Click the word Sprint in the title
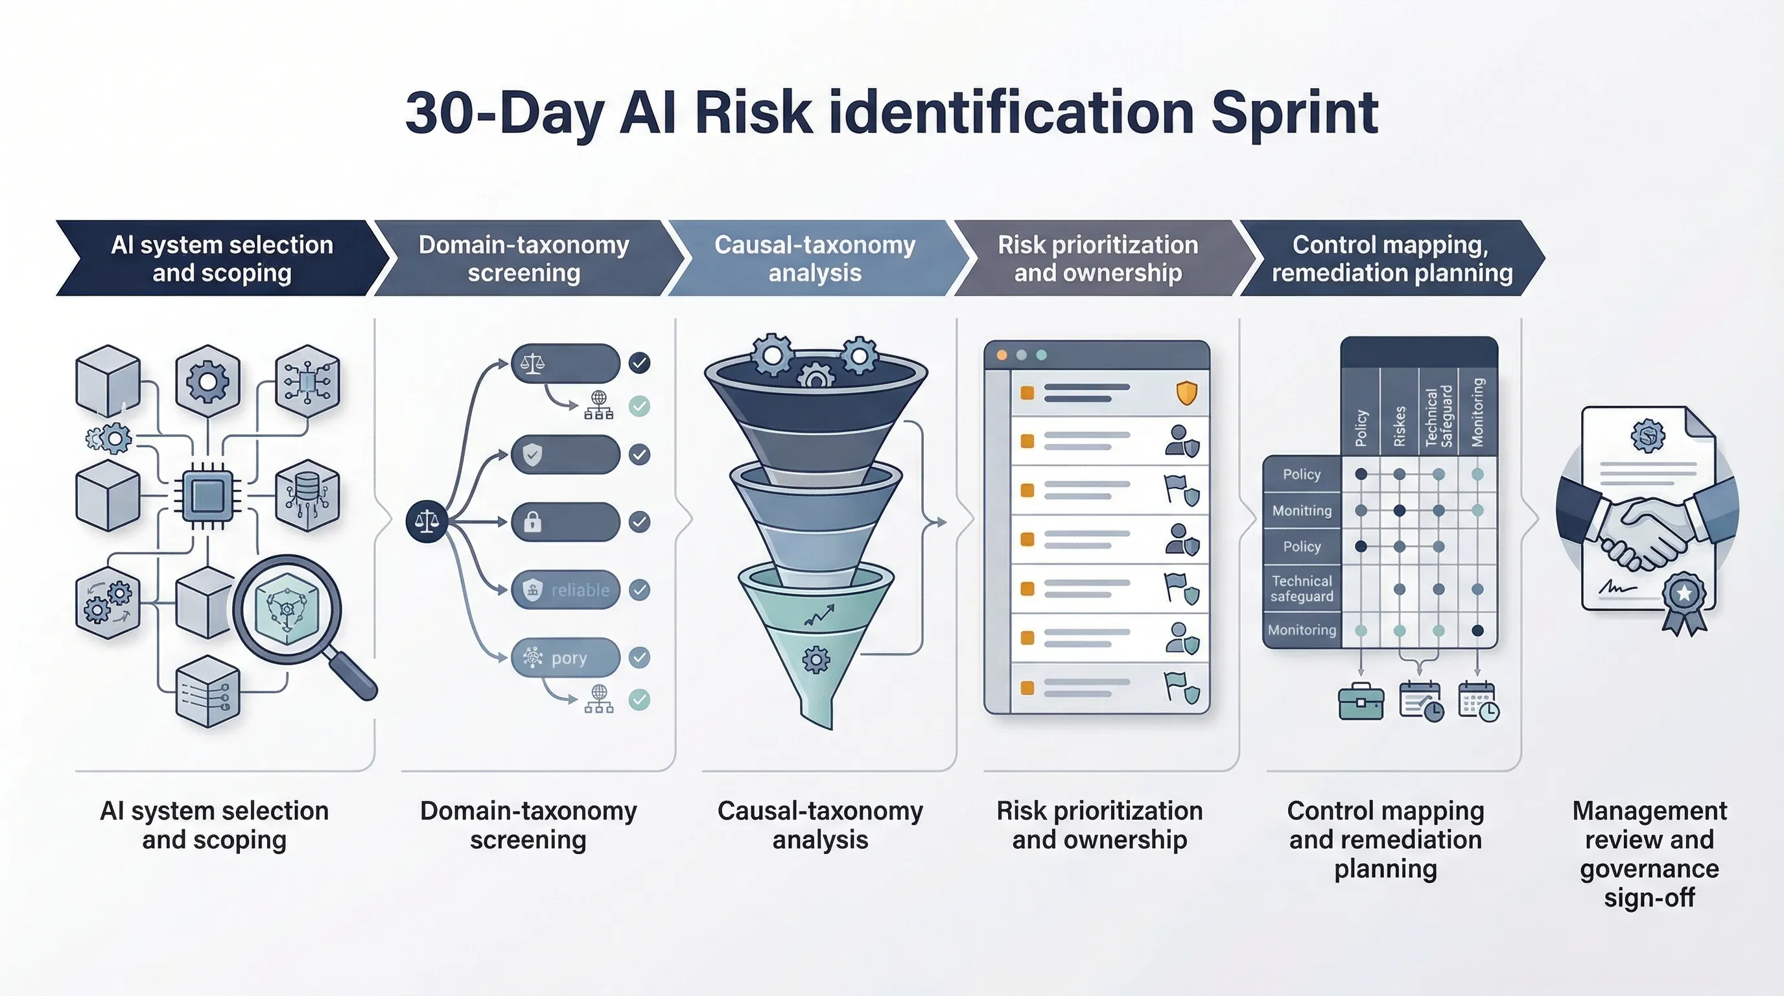pyautogui.click(x=1294, y=113)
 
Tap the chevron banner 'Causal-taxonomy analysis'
pyautogui.click(x=815, y=258)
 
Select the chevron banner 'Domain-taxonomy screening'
pyautogui.click(x=524, y=258)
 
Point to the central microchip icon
pyautogui.click(x=207, y=495)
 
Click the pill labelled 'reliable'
pyautogui.click(x=565, y=589)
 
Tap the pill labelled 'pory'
pyautogui.click(x=565, y=658)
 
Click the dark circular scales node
pyautogui.click(x=427, y=521)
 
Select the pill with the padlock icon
pyautogui.click(x=565, y=521)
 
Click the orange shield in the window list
pyautogui.click(x=1186, y=393)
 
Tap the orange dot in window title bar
pyautogui.click(x=1002, y=355)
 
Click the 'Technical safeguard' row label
pyautogui.click(x=1301, y=589)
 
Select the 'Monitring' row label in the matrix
pyautogui.click(x=1301, y=510)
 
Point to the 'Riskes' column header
pyautogui.click(x=1399, y=425)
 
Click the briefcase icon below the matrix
pyautogui.click(x=1361, y=702)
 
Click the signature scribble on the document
pyautogui.click(x=1617, y=588)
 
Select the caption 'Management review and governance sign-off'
pyautogui.click(x=1649, y=853)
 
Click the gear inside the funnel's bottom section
pyautogui.click(x=816, y=659)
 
